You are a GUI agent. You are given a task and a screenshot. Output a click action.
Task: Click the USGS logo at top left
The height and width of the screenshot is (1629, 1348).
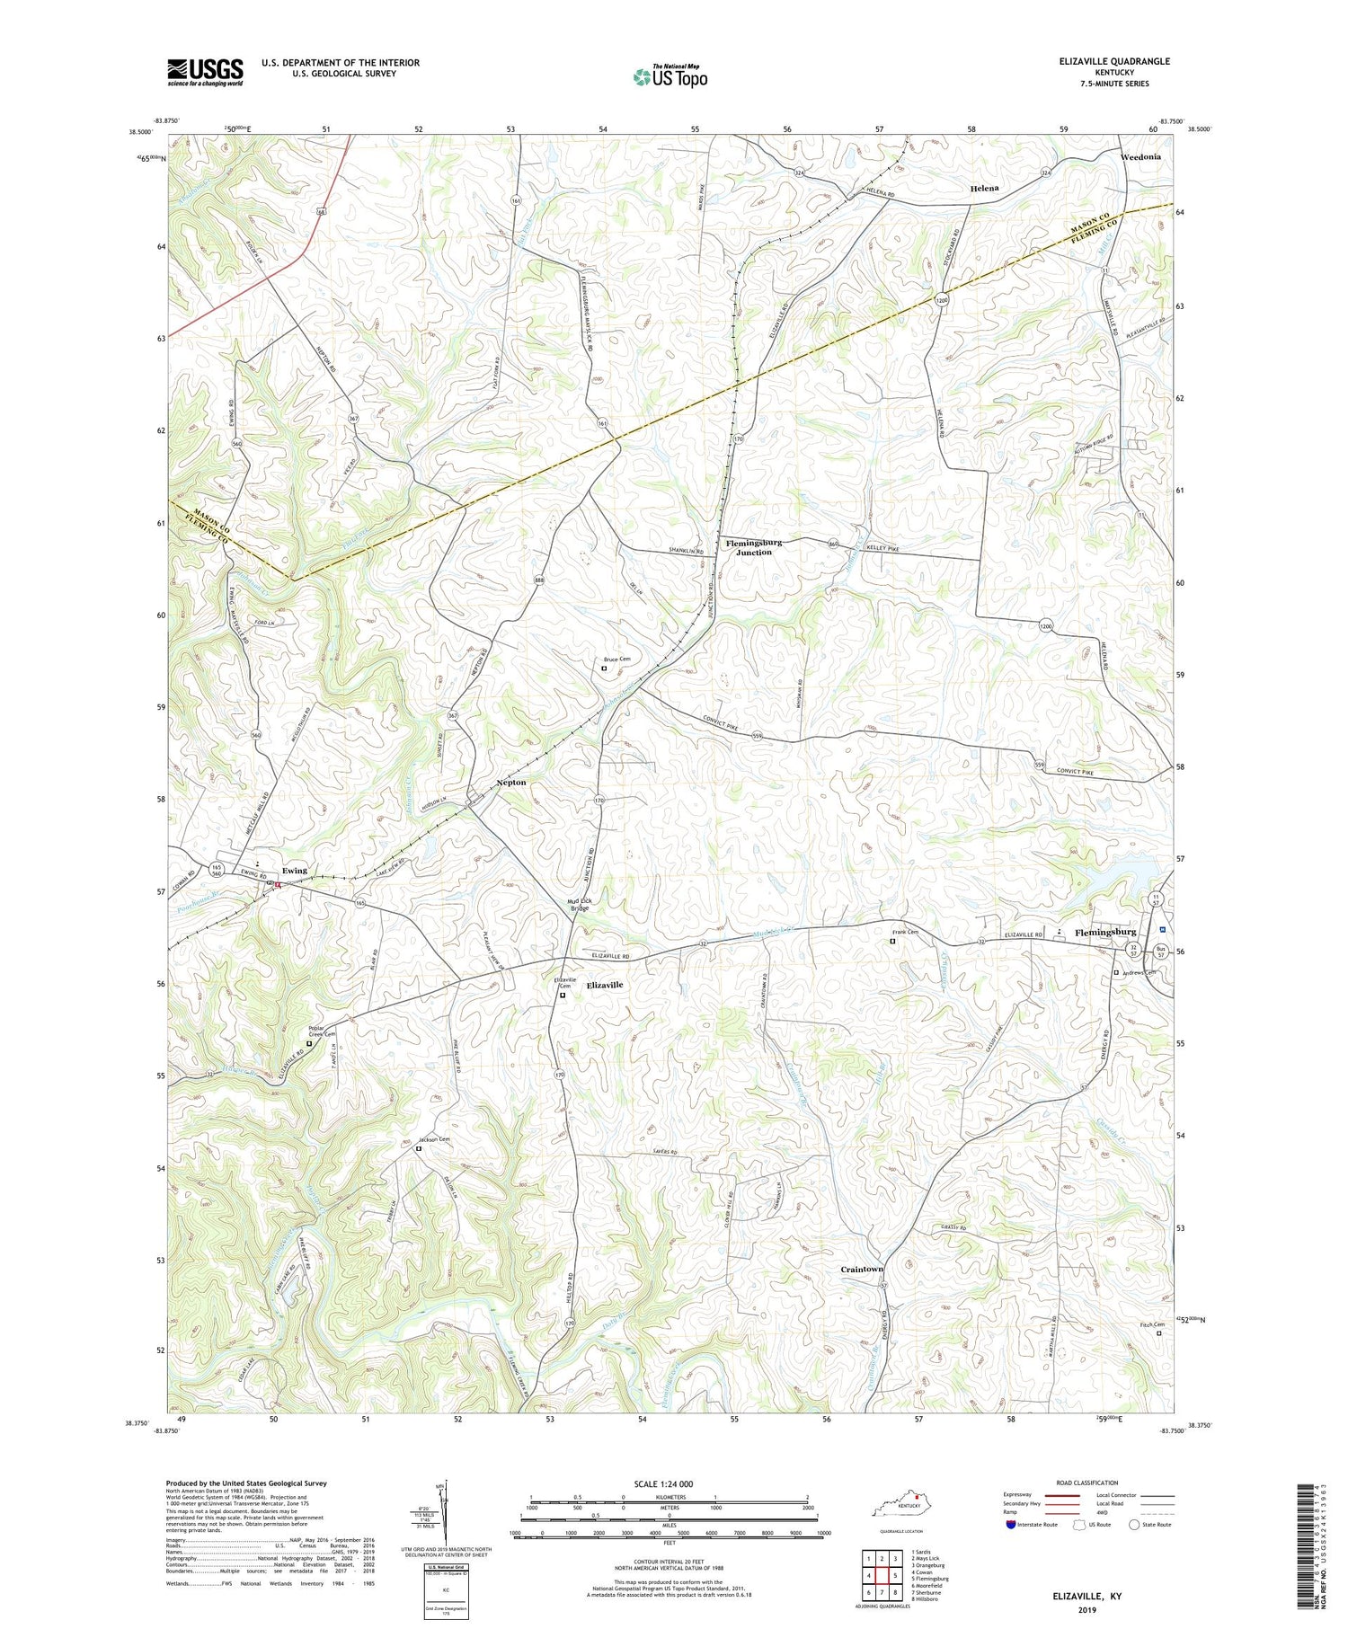tap(205, 72)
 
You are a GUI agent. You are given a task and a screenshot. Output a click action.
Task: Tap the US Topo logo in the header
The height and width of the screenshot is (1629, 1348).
tap(670, 76)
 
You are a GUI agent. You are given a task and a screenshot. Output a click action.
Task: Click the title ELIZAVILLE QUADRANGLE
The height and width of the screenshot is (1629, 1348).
tap(1102, 61)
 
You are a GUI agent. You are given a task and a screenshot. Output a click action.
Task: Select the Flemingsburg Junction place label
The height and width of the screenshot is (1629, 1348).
tap(754, 547)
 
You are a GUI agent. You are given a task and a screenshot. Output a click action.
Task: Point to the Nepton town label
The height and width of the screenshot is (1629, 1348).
tap(511, 783)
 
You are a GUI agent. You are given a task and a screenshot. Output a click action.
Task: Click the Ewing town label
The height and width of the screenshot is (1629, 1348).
tap(294, 870)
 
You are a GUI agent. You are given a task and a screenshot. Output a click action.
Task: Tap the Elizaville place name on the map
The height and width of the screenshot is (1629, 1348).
tap(604, 985)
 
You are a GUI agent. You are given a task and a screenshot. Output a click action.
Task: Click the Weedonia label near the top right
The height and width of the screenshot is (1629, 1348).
tap(1141, 156)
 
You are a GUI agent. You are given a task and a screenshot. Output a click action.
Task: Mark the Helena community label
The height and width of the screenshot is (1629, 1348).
tap(984, 189)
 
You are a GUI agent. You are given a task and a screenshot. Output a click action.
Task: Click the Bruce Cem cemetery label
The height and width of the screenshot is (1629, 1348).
tap(616, 660)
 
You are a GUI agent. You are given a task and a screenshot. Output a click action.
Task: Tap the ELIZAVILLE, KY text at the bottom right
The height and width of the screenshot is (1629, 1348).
tap(1086, 1598)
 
